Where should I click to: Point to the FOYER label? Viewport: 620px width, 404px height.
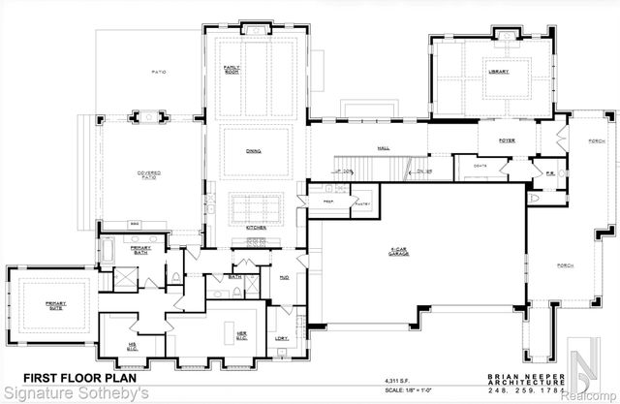coord(506,140)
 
